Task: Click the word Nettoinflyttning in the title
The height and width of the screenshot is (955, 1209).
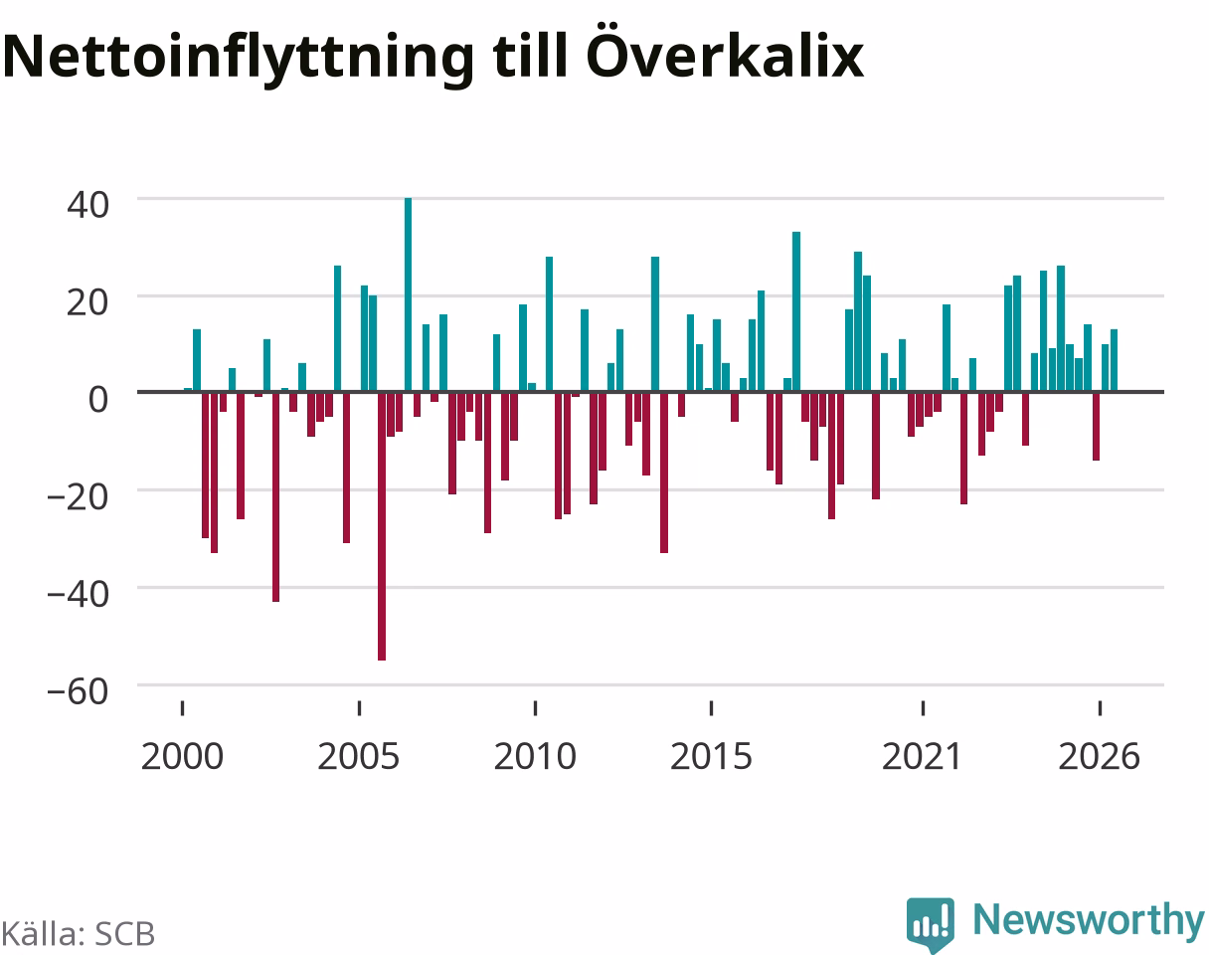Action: tap(239, 59)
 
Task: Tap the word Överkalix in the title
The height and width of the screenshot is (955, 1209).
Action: tap(725, 51)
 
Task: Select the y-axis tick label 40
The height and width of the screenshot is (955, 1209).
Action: tap(87, 205)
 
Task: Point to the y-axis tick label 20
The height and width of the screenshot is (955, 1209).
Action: tap(87, 302)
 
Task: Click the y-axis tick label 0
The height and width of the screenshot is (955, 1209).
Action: tap(98, 400)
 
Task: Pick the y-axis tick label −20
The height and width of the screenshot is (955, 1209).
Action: tap(78, 496)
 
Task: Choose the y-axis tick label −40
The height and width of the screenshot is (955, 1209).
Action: tap(78, 594)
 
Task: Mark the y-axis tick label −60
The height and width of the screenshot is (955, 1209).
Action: tap(78, 691)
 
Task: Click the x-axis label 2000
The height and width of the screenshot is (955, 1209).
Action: tap(182, 757)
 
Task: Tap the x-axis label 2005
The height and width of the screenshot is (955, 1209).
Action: tap(359, 757)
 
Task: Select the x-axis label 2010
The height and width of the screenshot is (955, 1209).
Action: tap(535, 757)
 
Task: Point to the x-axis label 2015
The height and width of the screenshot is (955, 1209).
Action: tap(711, 757)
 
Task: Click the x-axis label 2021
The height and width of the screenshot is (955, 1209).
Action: tap(922, 757)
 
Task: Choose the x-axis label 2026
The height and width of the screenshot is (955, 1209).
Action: tap(1100, 757)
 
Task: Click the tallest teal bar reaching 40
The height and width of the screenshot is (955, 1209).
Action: tap(408, 294)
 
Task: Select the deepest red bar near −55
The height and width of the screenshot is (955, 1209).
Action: tap(382, 526)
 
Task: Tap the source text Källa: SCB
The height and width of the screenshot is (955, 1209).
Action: tap(79, 934)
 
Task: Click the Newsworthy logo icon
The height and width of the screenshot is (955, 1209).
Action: tap(931, 923)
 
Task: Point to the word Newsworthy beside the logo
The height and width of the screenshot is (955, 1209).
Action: tap(1089, 920)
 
